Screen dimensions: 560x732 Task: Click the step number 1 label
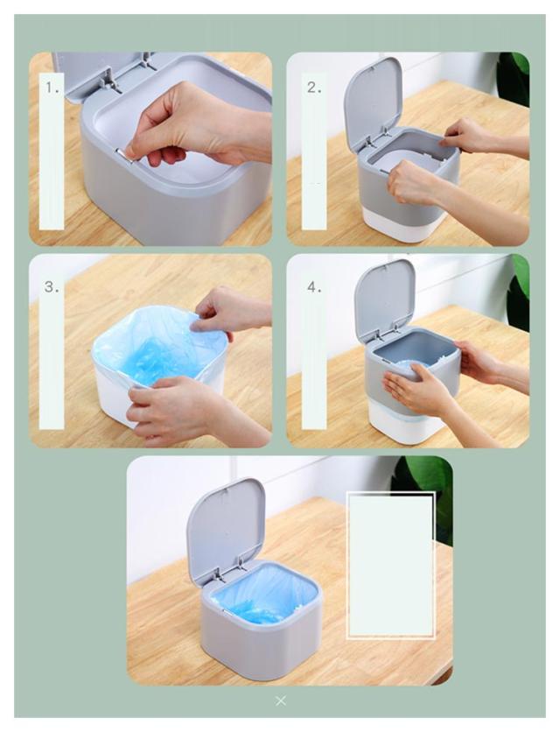52,88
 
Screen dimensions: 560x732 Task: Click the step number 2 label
314,88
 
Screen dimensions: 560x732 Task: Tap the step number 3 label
52,287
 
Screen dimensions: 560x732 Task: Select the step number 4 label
314,287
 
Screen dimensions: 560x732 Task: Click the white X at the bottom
281,700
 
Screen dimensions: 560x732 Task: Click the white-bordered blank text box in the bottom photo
391,566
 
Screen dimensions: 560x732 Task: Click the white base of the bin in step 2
401,226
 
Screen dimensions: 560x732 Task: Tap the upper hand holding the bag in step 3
231,311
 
